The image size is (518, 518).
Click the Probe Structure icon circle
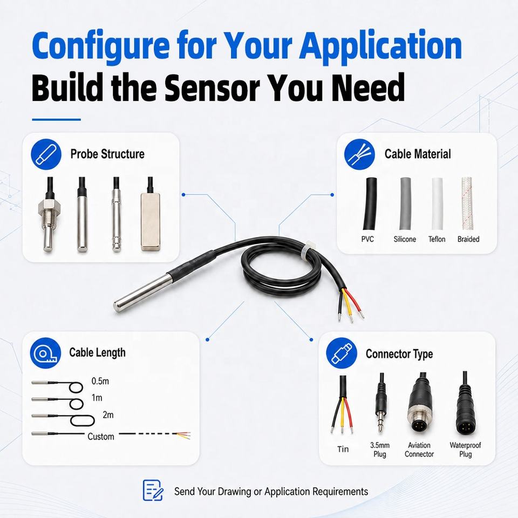pyautogui.click(x=46, y=154)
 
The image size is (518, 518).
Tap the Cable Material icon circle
pyautogui.click(x=359, y=154)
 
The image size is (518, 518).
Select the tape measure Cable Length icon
pyautogui.click(x=45, y=353)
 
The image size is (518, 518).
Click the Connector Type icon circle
pyautogui.click(x=342, y=353)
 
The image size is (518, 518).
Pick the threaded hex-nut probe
pyautogui.click(x=49, y=215)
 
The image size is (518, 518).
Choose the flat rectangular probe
pyautogui.click(x=151, y=214)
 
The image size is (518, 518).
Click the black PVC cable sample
pyautogui.click(x=370, y=203)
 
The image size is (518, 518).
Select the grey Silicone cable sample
pyautogui.click(x=405, y=203)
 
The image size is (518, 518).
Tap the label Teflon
pyautogui.click(x=437, y=239)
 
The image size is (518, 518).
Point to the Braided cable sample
pyautogui.click(x=466, y=203)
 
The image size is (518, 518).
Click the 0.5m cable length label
pyautogui.click(x=100, y=381)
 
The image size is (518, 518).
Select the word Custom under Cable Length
pyautogui.click(x=101, y=437)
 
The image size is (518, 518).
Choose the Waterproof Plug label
pyautogui.click(x=465, y=449)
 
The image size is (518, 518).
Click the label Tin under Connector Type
pyautogui.click(x=343, y=449)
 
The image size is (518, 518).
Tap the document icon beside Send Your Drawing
pyautogui.click(x=153, y=490)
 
